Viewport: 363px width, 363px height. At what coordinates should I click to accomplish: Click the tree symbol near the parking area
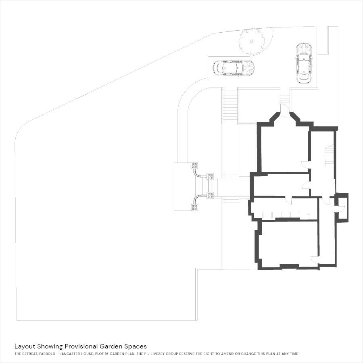pyautogui.click(x=252, y=42)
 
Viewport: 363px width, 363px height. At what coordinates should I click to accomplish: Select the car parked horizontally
pyautogui.click(x=234, y=68)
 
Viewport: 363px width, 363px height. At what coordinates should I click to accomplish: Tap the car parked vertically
pyautogui.click(x=304, y=63)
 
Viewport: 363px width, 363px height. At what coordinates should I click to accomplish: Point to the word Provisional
pyautogui.click(x=81, y=346)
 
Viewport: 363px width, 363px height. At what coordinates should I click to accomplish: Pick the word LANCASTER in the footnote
pyautogui.click(x=70, y=354)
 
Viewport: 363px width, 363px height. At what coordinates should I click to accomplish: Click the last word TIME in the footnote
pyautogui.click(x=294, y=354)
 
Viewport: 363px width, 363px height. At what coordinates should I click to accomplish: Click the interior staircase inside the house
pyautogui.click(x=330, y=155)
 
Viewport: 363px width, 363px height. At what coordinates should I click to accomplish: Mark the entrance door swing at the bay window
pyautogui.click(x=285, y=108)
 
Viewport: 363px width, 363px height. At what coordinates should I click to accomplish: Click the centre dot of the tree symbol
pyautogui.click(x=252, y=42)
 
